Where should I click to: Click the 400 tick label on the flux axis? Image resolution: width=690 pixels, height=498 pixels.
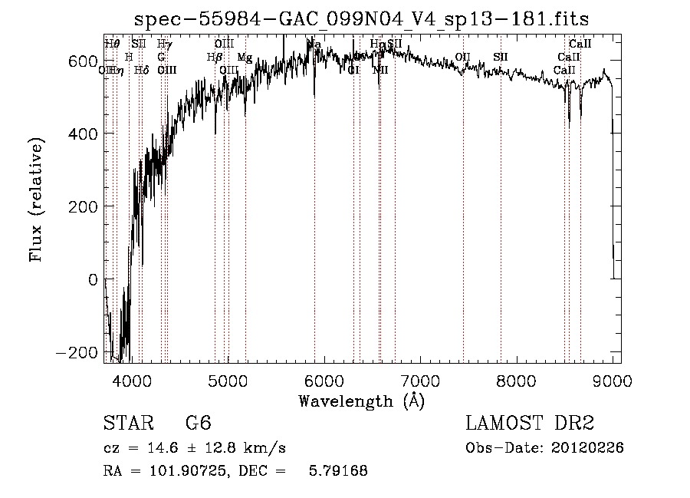tap(87, 134)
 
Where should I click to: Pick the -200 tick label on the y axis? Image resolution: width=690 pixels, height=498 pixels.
tap(82, 352)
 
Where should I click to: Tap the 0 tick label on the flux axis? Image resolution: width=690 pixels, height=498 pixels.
tap(94, 279)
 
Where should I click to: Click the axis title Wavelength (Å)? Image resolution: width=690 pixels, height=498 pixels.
tap(361, 401)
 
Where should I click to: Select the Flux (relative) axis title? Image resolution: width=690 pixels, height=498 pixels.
tap(37, 198)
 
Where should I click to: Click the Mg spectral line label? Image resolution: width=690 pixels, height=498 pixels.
tap(245, 58)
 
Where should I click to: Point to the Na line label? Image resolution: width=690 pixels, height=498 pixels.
tap(314, 45)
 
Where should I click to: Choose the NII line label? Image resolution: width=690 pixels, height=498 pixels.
tap(381, 70)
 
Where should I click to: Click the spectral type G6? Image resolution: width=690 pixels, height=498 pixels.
tap(198, 424)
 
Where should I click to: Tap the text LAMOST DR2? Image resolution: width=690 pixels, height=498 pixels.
tap(530, 424)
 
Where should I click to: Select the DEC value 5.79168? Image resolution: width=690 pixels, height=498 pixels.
tap(338, 471)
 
